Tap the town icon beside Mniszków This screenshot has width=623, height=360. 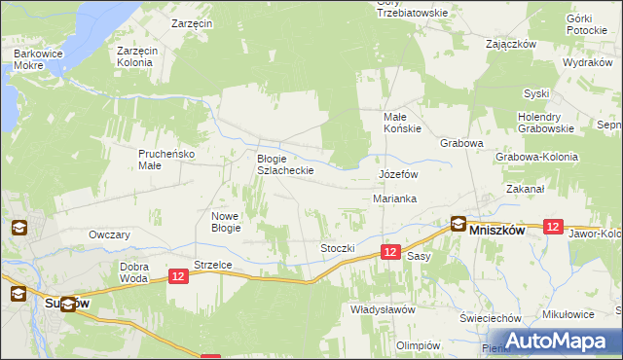pyautogui.click(x=458, y=225)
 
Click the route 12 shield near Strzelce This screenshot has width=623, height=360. pyautogui.click(x=177, y=277)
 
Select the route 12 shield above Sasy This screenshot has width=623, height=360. pyautogui.click(x=389, y=251)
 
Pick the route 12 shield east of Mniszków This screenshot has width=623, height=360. pyautogui.click(x=553, y=226)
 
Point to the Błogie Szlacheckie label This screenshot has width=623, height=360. pyautogui.click(x=284, y=163)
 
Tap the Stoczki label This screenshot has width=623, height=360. pyautogui.click(x=338, y=248)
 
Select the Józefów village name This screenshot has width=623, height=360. pyautogui.click(x=397, y=174)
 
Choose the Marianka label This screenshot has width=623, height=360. pyautogui.click(x=395, y=198)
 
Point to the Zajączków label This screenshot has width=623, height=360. pyautogui.click(x=512, y=44)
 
